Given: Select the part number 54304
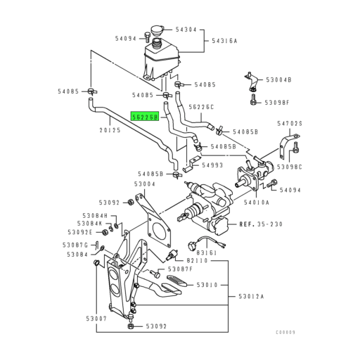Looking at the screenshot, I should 186,30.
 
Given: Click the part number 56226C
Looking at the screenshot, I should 202,107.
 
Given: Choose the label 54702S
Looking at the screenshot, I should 289,124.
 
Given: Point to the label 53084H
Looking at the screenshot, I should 94,216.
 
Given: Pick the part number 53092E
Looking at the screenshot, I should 79,231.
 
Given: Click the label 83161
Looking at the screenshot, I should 206,252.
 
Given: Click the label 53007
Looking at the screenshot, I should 96,319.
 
